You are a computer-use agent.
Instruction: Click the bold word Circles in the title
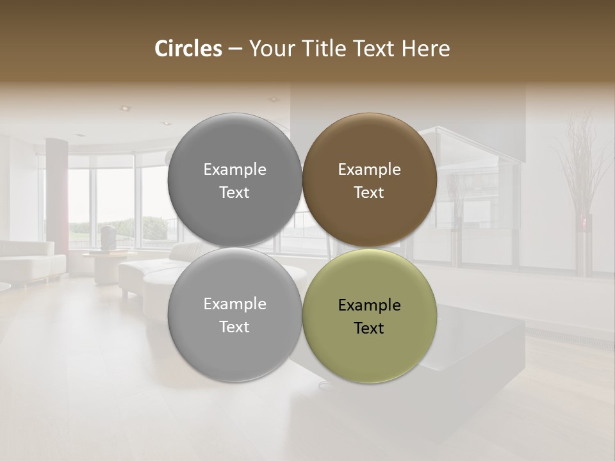[188, 49]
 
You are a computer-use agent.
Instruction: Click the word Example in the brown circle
[369, 170]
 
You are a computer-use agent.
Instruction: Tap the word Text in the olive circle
[369, 328]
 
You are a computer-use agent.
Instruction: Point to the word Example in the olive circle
[369, 305]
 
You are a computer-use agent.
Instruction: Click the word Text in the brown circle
[369, 193]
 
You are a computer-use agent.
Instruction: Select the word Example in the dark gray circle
[234, 170]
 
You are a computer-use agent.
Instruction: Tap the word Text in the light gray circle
[234, 327]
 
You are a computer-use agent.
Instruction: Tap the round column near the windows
[56, 192]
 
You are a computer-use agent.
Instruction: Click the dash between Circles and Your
[235, 49]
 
